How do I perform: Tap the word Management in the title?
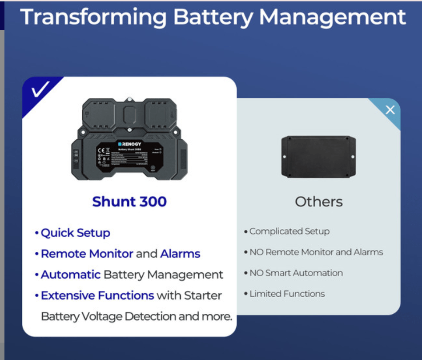[x=333, y=17]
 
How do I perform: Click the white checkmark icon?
[x=40, y=90]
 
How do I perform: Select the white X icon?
[x=390, y=110]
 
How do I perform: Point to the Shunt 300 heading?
[x=129, y=202]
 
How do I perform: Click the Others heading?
[x=319, y=202]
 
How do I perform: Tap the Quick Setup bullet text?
[x=75, y=233]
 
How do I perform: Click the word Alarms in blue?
[x=180, y=254]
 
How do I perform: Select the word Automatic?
[x=71, y=275]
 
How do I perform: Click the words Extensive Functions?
[x=97, y=295]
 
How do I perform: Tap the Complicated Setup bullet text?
[x=289, y=231]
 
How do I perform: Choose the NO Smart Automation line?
[x=296, y=273]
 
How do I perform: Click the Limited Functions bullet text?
[x=287, y=294]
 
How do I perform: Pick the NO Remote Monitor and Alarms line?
[x=316, y=252]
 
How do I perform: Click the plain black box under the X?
[x=318, y=157]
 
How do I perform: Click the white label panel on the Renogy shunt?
[x=129, y=158]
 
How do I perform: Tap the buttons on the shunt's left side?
[x=76, y=158]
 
